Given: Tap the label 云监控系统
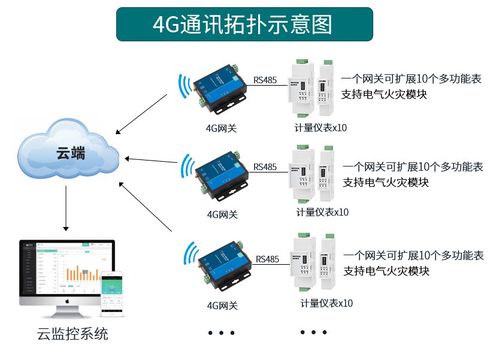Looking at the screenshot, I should [66, 333].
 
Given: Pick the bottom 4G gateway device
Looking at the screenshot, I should [223, 261].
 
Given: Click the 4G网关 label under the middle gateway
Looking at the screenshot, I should [223, 213].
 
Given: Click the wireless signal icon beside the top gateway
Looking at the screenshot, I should [185, 87].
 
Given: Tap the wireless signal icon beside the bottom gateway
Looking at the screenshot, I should [185, 260].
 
